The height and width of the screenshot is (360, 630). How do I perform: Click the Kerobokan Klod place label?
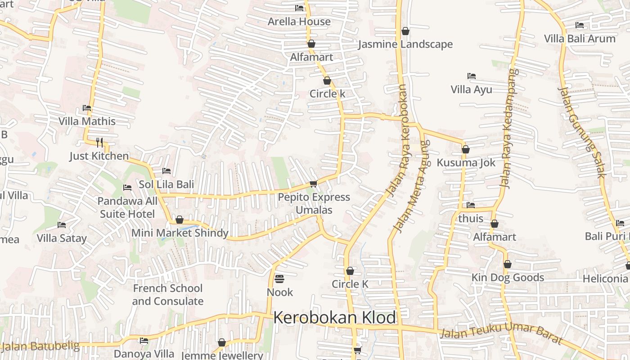point(334,318)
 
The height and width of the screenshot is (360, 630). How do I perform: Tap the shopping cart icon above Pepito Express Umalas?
point(314,184)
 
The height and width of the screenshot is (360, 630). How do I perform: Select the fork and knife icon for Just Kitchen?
point(99,143)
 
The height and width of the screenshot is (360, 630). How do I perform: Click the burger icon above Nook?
point(279,279)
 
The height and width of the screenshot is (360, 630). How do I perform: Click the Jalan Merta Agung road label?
point(411,186)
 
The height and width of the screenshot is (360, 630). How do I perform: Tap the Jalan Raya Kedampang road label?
point(508,129)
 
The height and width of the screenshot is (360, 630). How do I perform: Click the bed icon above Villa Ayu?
point(472,76)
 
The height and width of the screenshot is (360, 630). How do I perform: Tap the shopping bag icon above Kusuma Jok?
point(466,149)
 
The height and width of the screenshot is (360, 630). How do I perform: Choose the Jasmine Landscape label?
point(405,44)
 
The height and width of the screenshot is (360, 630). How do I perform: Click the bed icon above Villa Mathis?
point(87,108)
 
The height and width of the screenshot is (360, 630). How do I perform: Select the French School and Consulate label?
point(168,295)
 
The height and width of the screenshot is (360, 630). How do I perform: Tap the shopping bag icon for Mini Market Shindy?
point(180,220)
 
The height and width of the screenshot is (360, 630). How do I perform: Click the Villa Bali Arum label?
point(580,38)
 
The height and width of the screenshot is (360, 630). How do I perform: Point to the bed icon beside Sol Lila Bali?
point(166,171)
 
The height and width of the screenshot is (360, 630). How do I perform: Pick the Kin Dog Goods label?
point(508,278)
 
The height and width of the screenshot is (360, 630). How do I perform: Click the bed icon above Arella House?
point(299,8)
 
